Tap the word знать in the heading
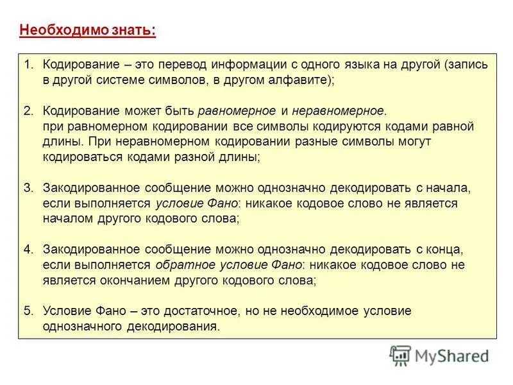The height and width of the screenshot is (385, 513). pos(133,30)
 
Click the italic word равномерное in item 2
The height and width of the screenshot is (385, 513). pos(237,111)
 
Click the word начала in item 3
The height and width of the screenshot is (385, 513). pos(450,188)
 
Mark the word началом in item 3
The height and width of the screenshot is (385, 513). pos(67,218)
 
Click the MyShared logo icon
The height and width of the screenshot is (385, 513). pos(400,354)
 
